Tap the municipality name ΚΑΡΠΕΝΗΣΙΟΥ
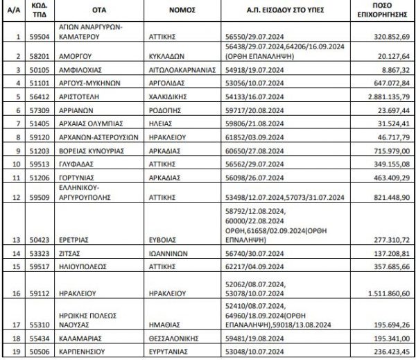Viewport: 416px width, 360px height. [x=86, y=352]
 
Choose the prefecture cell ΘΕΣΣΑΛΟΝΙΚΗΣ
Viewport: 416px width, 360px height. [x=180, y=340]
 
